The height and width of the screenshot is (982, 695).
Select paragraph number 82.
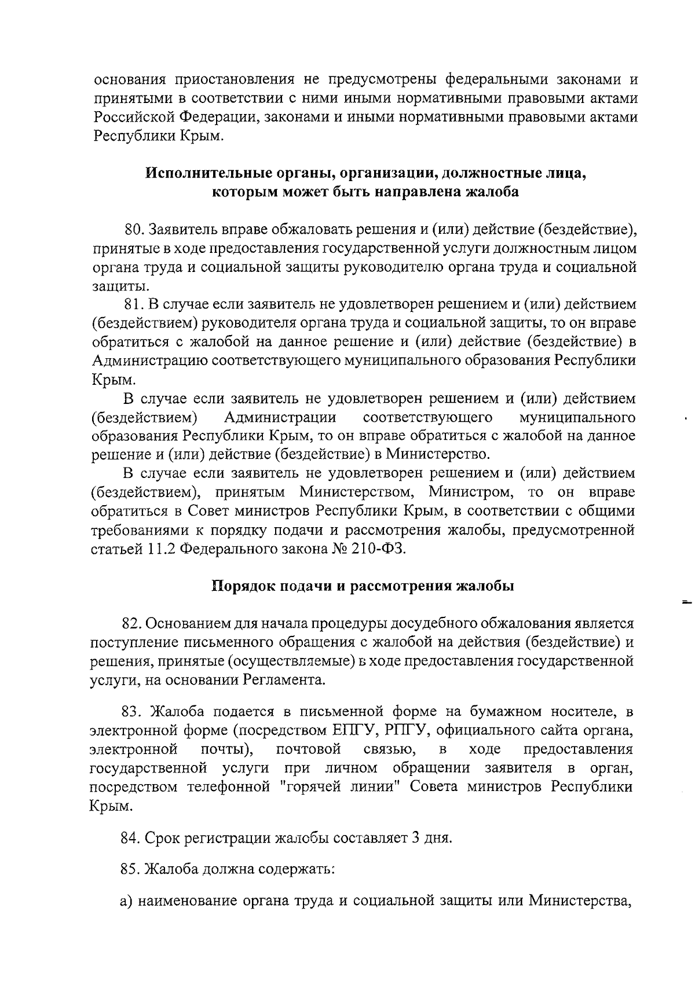coord(131,623)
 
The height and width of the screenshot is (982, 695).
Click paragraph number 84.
coord(130,838)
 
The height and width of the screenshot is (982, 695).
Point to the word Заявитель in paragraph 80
coord(183,230)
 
